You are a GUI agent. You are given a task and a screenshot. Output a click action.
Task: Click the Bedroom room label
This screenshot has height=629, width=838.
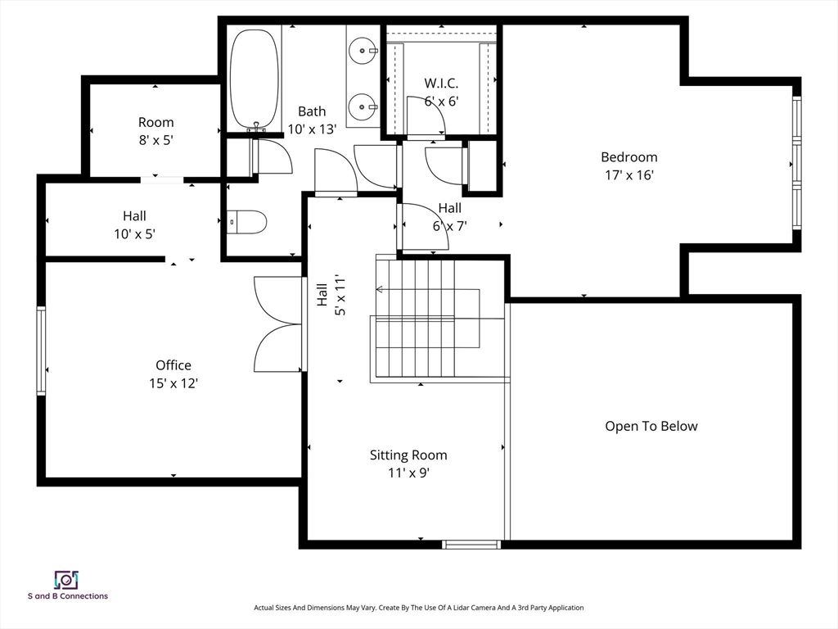coord(629,156)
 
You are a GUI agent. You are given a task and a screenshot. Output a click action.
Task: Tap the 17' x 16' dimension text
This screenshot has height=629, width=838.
coord(629,175)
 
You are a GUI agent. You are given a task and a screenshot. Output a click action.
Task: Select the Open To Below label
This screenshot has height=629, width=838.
coord(651,426)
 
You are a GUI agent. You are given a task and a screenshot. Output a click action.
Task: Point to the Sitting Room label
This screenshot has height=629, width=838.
coord(408,455)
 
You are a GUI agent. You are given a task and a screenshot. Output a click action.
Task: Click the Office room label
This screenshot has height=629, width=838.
coord(173,365)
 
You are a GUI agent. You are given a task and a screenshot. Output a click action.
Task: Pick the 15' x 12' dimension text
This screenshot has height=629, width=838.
coord(173,383)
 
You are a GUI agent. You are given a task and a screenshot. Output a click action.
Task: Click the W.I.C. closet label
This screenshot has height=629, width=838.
coord(441,83)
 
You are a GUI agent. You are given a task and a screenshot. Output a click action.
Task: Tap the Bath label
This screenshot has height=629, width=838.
coord(312,111)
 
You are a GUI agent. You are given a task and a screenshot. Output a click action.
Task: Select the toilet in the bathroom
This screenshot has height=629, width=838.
coord(246,222)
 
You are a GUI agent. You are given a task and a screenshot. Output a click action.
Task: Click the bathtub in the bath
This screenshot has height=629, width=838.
coord(254,78)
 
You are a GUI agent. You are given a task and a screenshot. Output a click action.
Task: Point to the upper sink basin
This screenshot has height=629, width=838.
coord(363,51)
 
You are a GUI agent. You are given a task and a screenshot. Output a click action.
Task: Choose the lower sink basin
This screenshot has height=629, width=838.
coord(363,107)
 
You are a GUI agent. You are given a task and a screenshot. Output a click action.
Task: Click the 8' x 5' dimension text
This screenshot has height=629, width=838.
coord(155,140)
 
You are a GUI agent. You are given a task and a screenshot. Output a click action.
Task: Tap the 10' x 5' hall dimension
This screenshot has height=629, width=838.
coord(134,233)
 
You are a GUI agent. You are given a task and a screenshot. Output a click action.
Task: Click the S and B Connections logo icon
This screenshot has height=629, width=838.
coord(66,580)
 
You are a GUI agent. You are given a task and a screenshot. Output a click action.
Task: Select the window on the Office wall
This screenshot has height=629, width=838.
coord(41,351)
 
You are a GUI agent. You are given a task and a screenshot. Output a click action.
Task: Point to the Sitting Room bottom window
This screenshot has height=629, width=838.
coord(471,545)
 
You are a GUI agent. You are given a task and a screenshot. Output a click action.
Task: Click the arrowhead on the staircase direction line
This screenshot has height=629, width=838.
coord(379,289)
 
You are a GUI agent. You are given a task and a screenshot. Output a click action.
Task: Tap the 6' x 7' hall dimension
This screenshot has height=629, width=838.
coord(449,226)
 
